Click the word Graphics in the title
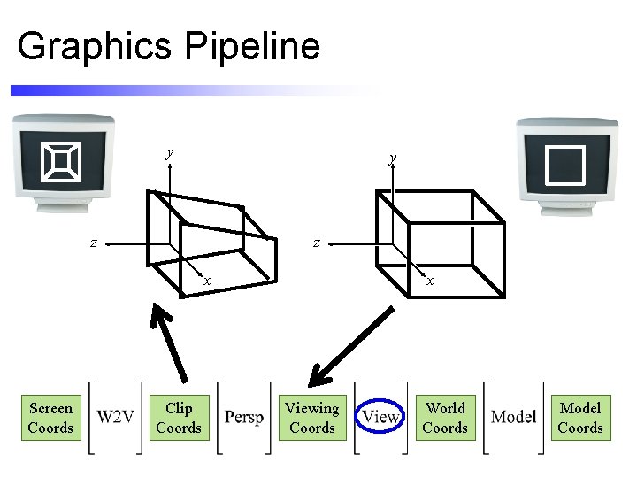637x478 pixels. coord(96,46)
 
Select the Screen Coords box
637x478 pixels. coord(50,418)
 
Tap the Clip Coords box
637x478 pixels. coord(179,418)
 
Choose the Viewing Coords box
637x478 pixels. coord(311,418)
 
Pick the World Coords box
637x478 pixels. coord(445,418)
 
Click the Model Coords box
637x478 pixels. coord(580,418)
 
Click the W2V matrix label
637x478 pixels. coord(116,417)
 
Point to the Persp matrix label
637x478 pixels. coord(244,417)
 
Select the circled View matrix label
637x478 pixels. coord(380,416)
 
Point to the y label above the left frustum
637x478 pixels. coord(170,152)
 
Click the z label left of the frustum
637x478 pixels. coord(94,242)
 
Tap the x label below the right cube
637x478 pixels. coord(430,281)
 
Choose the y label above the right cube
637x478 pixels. coord(393,158)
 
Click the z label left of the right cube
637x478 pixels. coord(316,242)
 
